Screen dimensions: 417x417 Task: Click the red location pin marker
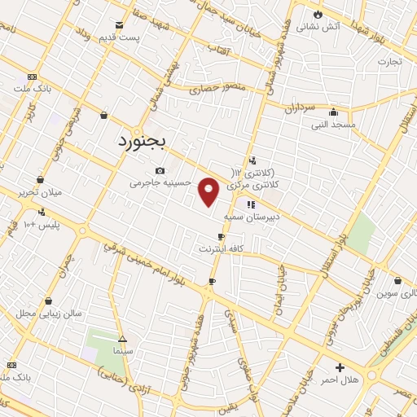[209, 192]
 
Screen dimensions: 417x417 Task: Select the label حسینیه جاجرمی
[160, 182]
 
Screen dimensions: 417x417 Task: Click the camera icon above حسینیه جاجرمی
[160, 170]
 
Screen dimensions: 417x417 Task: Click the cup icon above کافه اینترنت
[220, 236]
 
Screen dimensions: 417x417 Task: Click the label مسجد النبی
[332, 125]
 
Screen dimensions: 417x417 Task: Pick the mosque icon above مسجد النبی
[332, 112]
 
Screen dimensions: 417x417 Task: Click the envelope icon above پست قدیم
[120, 25]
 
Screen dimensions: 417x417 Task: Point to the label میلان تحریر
[39, 192]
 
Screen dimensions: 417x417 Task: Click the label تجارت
[389, 61]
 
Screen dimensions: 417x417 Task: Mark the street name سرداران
[300, 108]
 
